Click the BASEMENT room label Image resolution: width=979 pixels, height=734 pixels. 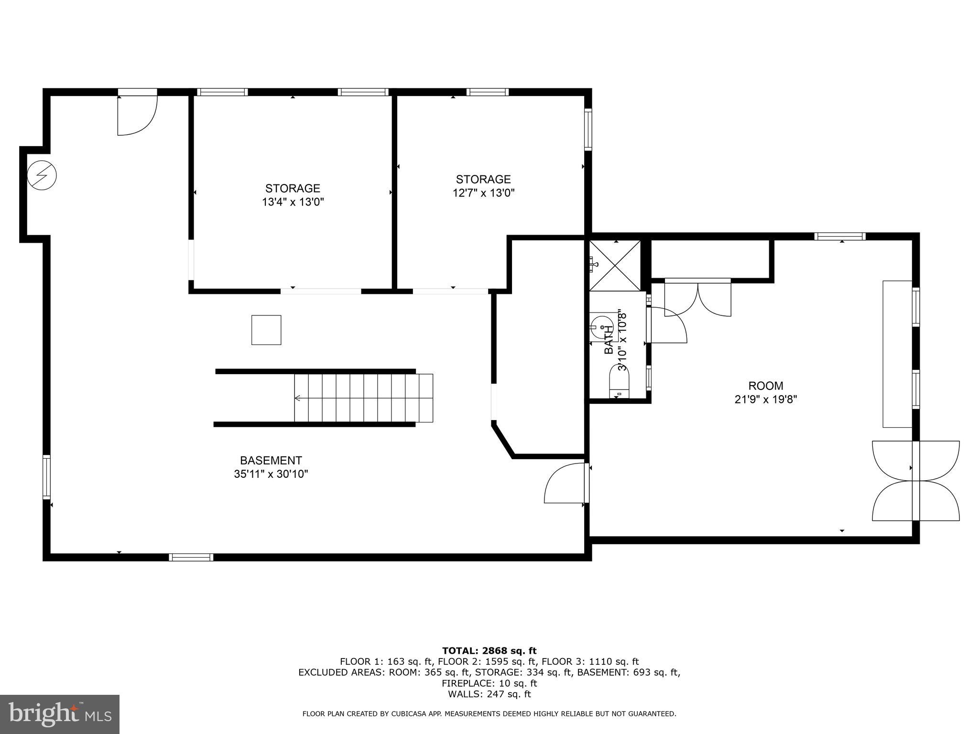pos(271,460)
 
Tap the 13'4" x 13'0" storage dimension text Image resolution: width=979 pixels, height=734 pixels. pos(293,202)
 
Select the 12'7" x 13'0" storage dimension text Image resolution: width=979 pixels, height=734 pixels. pos(483,193)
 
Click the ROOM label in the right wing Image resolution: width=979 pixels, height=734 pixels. pos(765,386)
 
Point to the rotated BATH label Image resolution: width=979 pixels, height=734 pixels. pos(609,339)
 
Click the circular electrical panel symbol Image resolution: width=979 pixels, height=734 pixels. pos(42,175)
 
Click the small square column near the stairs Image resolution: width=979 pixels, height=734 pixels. pos(266,330)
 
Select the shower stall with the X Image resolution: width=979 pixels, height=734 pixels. pos(614,265)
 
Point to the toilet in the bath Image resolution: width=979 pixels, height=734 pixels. pos(620,381)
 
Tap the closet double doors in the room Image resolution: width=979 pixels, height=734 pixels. pos(698,299)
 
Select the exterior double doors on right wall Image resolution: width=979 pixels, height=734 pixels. pos(915,480)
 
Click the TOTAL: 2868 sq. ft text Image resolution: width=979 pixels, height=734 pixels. pos(489,650)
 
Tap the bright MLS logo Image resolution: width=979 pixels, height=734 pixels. pos(60,714)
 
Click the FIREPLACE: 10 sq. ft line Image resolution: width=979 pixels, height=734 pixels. pos(489,683)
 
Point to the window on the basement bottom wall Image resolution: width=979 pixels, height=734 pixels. pos(191,557)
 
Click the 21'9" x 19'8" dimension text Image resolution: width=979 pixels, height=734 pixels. pos(765,399)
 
